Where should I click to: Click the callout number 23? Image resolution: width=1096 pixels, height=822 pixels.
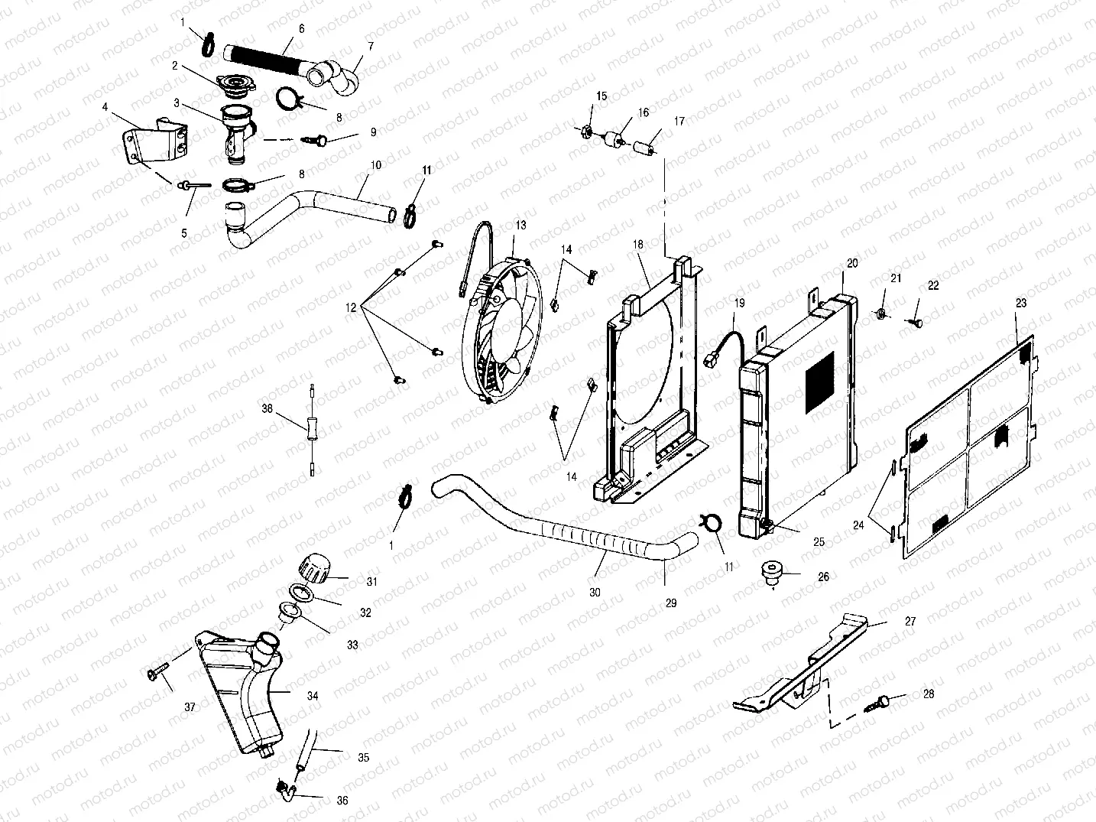1021,303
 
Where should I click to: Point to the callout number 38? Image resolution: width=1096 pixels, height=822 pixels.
267,409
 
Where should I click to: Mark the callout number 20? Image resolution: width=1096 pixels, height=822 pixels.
852,262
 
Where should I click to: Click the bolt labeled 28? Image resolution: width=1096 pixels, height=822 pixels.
881,701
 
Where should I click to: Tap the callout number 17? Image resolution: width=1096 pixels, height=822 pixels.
679,121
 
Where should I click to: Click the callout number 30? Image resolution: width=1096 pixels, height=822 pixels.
595,592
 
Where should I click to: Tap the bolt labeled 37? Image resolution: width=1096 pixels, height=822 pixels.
153,674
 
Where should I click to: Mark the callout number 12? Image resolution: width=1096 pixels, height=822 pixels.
351,307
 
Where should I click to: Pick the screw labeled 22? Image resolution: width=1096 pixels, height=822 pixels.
916,323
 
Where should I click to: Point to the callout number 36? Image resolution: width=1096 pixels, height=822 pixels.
342,800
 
